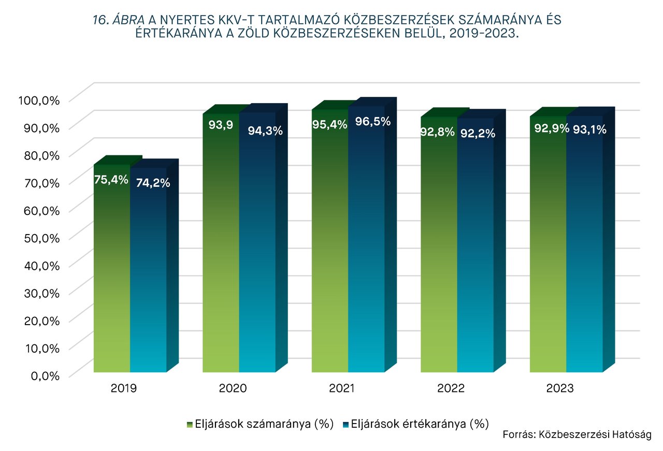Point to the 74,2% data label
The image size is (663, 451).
coord(153,182)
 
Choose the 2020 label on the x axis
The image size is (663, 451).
coord(233,388)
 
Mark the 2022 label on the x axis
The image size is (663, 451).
coord(451,388)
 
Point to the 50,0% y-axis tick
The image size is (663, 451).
coord(42,238)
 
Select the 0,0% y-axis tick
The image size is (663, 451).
coord(45,375)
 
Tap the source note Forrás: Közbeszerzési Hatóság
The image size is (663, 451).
coord(576,434)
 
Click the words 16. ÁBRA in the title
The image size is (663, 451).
coord(119,20)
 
